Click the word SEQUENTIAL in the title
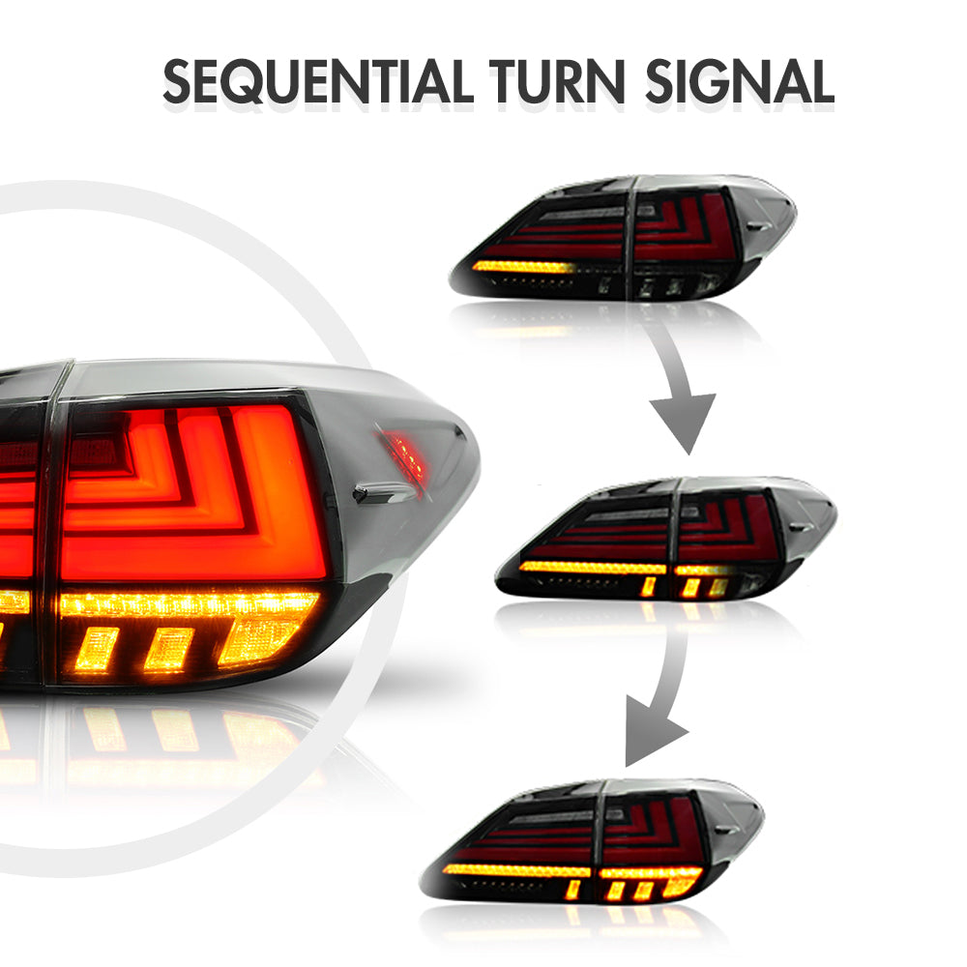pos(317,81)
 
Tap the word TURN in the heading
pos(557,81)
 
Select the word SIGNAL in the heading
pos(740,81)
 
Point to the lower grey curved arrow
pos(659,697)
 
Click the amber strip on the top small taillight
pos(523,267)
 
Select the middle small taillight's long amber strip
pos(593,568)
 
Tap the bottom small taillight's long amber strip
pos(516,870)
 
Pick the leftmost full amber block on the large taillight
pos(97,649)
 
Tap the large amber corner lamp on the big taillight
pos(259,641)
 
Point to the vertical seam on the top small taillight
pos(630,238)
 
